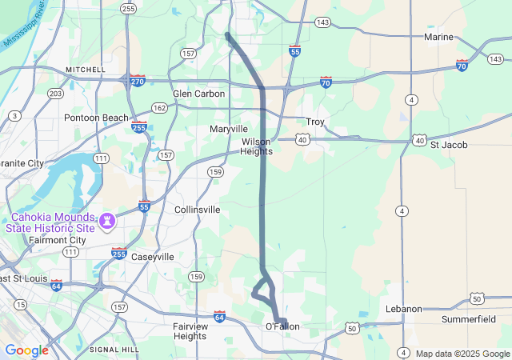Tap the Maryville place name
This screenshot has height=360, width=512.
229,129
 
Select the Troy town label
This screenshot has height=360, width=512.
315,122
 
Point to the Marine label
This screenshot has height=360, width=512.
438,37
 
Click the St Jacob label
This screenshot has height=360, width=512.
449,145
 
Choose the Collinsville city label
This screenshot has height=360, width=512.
197,210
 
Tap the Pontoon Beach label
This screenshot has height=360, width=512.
96,118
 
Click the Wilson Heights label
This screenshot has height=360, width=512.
257,146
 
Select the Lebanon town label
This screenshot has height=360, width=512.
403,309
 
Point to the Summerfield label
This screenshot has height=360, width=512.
469,319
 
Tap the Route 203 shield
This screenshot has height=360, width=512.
55,94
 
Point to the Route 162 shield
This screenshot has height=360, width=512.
160,107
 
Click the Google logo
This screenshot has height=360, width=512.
26,350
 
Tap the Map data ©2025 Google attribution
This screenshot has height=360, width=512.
462,354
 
